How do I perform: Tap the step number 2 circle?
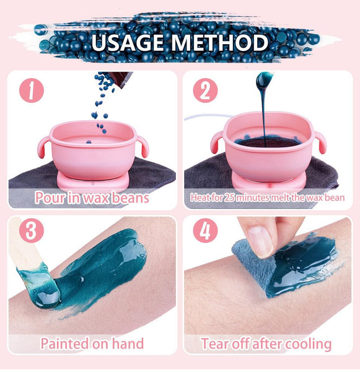pyautogui.click(x=205, y=90)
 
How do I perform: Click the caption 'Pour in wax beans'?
pyautogui.click(x=92, y=198)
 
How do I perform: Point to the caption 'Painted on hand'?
pyautogui.click(x=92, y=343)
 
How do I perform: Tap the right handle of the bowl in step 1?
pyautogui.click(x=142, y=146)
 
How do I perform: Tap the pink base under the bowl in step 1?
pyautogui.click(x=93, y=180)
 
